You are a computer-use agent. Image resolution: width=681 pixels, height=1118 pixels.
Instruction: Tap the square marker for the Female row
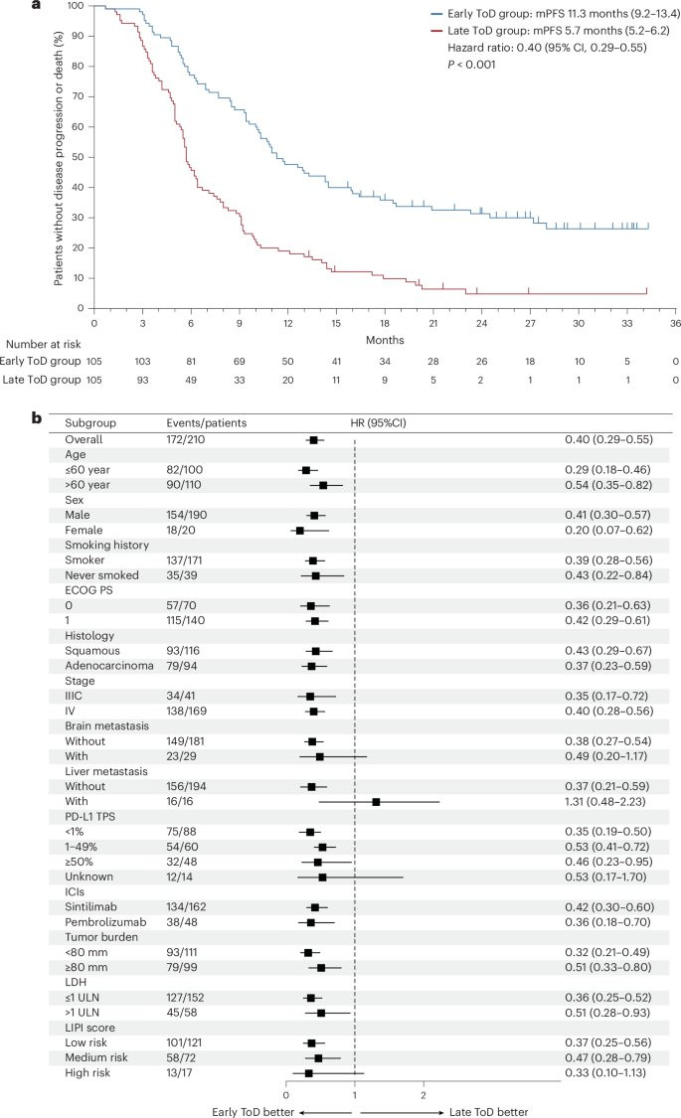(x=299, y=503)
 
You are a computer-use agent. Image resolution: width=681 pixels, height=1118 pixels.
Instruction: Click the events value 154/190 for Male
(x=189, y=487)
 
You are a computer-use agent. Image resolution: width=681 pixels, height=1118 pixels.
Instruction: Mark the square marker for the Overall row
(x=313, y=439)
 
